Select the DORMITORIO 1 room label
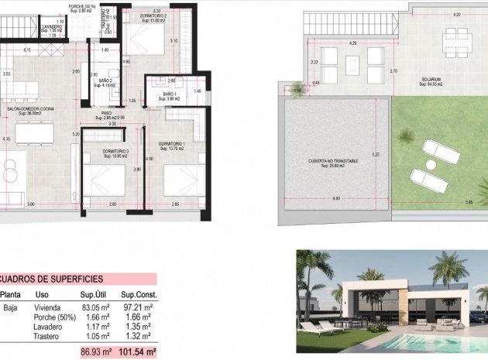point(171,143)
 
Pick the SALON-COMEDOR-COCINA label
point(30,110)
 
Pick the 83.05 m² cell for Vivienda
point(94,307)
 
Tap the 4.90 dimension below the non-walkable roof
point(335,199)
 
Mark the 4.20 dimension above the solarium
point(456,14)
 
